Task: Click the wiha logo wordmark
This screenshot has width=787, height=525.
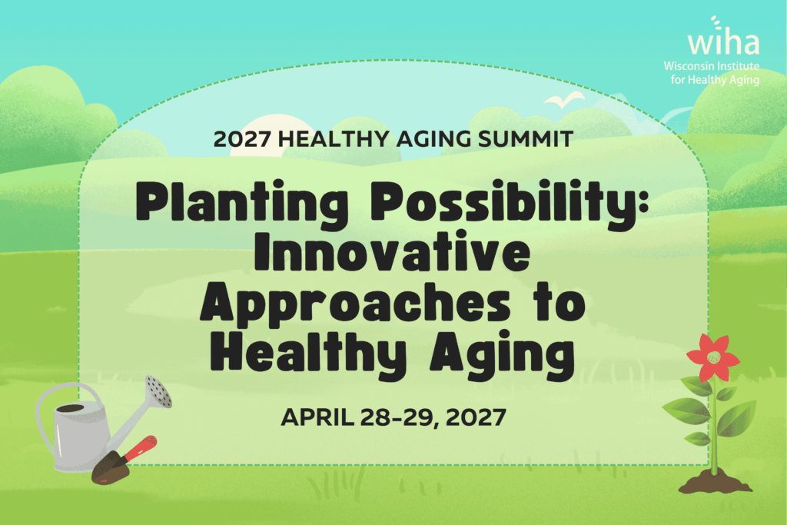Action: coord(723,38)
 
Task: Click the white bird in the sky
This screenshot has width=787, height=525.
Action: coord(564,99)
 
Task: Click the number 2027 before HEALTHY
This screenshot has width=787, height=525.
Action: coord(242,139)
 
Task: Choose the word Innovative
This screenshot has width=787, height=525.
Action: coord(393,251)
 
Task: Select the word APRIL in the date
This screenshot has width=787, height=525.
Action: coord(317,417)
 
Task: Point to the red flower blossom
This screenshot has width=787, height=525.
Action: coord(712,357)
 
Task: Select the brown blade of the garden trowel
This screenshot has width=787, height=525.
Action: coord(109,468)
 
